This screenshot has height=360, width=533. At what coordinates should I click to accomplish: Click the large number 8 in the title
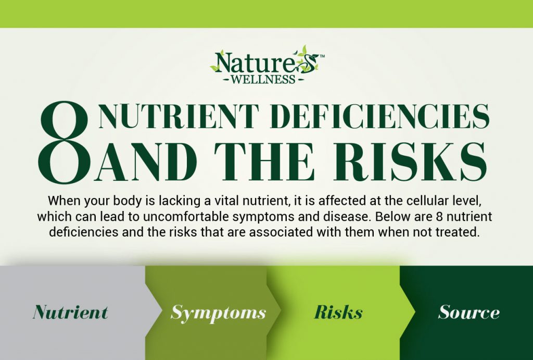tap(64, 142)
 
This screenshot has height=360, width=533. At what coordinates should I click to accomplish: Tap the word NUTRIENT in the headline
tap(179, 116)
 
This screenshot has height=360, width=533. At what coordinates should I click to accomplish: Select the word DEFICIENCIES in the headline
tap(380, 116)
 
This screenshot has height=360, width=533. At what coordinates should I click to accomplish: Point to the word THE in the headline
tap(263, 162)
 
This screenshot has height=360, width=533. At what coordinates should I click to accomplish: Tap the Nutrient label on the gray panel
tap(71, 312)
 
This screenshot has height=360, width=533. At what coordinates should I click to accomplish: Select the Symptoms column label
tap(218, 313)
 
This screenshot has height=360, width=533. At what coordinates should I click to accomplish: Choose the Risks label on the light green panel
tap(338, 312)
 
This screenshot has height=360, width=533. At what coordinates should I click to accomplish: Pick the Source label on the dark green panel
tap(469, 312)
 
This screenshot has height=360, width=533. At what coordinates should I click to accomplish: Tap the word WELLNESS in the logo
tap(263, 80)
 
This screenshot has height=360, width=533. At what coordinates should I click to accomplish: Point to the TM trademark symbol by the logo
tap(322, 56)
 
